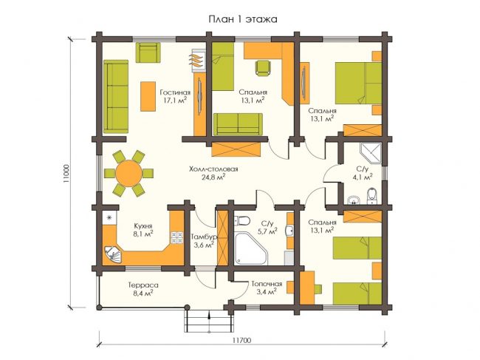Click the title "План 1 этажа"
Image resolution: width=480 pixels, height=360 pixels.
coord(243,19)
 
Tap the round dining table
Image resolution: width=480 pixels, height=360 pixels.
coord(128,173)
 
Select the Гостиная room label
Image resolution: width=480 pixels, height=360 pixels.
coord(175,92)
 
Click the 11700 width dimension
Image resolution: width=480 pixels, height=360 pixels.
coord(241,340)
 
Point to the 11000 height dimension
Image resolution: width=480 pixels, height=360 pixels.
coord(66,174)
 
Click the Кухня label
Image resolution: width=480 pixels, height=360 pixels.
coord(143,226)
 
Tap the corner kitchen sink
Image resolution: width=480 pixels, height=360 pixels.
coord(112,255)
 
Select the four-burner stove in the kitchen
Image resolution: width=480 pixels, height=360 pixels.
coord(177,237)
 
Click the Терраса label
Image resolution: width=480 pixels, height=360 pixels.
coord(143,285)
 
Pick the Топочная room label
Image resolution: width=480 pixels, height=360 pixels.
coord(267,284)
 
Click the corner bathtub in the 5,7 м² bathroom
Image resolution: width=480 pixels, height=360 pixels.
coord(251,249)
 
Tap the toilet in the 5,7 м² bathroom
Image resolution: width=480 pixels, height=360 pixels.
coord(242,220)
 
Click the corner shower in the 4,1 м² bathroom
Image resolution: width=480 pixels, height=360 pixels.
coord(371,153)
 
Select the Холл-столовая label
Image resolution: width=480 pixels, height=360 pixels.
coord(213,169)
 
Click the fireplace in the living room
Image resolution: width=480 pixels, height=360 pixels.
coord(199,61)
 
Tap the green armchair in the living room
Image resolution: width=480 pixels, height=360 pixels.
coord(148,52)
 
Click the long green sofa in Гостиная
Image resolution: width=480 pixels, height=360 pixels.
coord(116,97)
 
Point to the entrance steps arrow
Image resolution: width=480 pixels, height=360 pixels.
coord(209,322)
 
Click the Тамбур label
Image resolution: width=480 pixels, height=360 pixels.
coord(204,237)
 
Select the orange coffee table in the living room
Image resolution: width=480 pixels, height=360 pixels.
coord(148,96)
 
